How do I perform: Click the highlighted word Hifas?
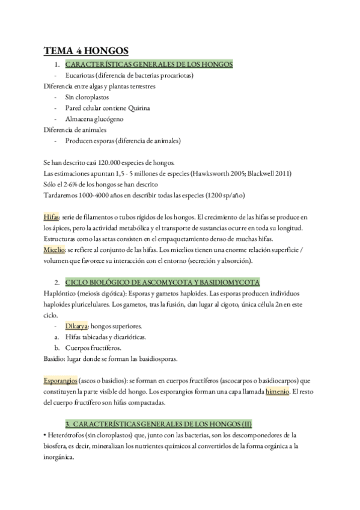tap(51, 216)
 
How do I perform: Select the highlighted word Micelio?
tap(53, 250)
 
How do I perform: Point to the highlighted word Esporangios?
tap(60, 381)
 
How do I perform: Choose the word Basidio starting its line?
tap(54, 359)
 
